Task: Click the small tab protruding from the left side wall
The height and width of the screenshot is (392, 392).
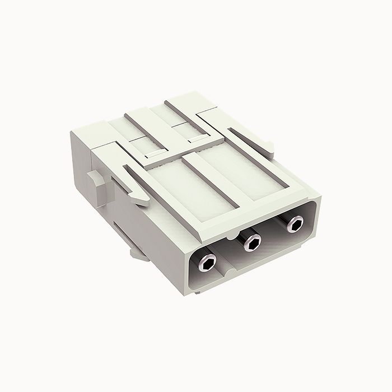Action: coord(96,181)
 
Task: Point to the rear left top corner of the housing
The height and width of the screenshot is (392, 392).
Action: coord(71,133)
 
